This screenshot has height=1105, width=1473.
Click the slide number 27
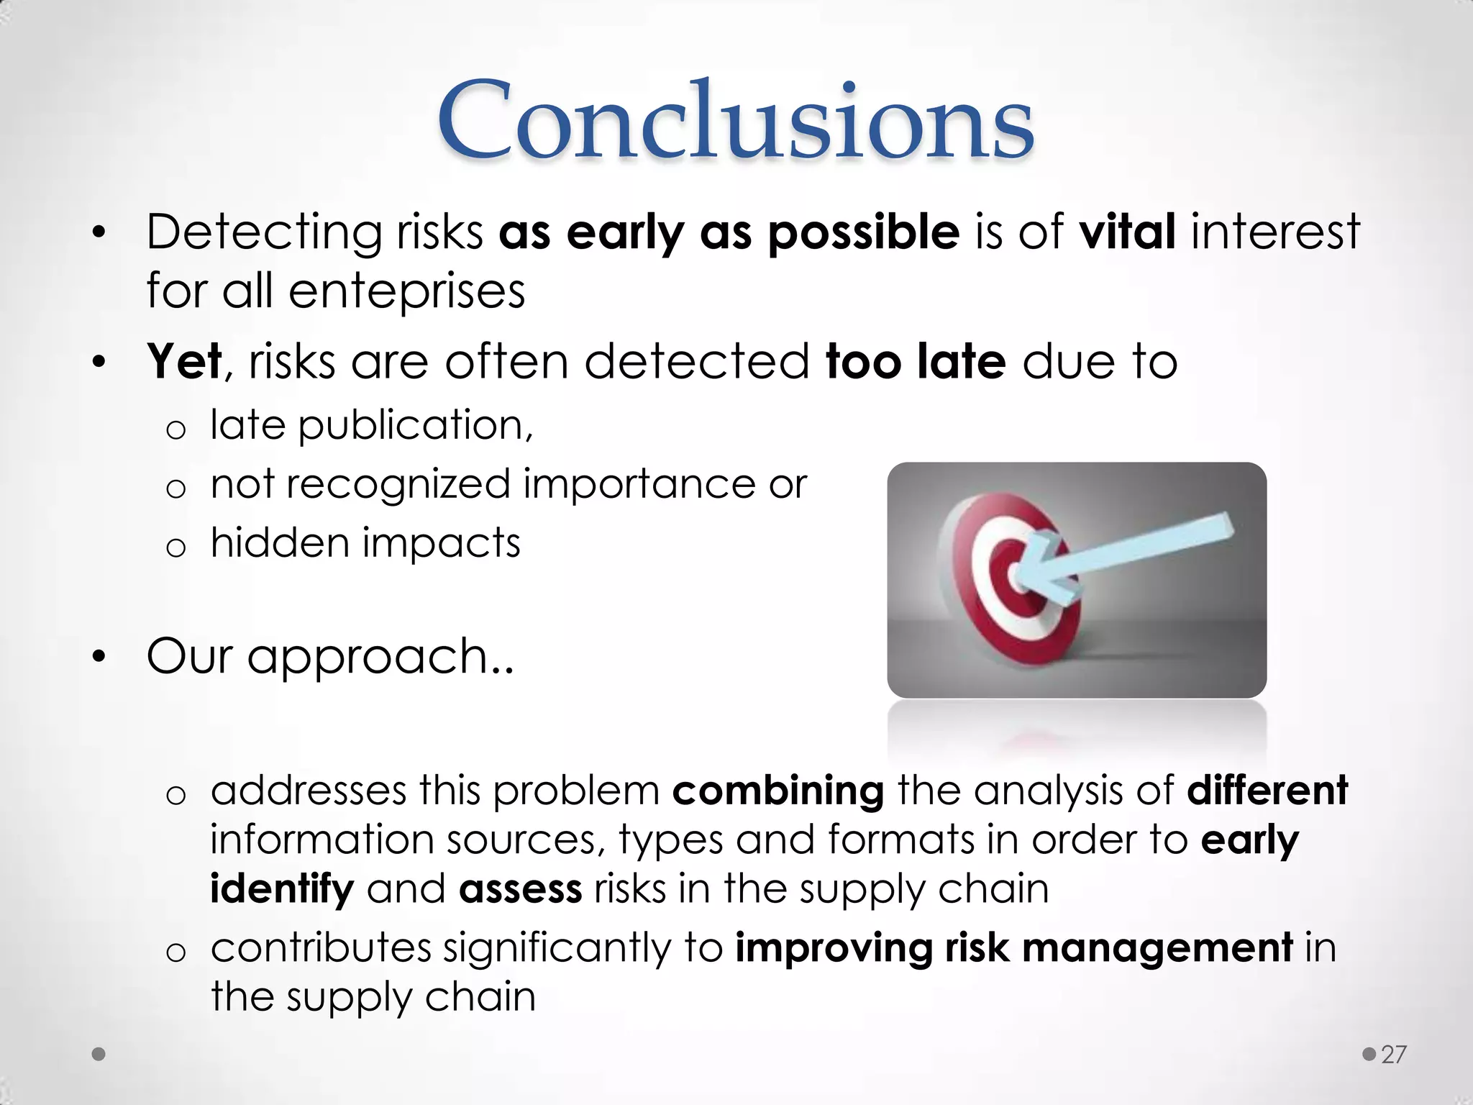click(1393, 1055)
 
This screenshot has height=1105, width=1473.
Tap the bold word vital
click(1127, 232)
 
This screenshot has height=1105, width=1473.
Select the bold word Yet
click(184, 361)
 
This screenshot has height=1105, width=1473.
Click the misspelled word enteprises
click(406, 291)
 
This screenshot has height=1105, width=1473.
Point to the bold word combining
click(777, 791)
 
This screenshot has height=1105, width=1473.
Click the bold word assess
click(520, 889)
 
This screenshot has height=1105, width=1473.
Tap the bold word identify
click(282, 889)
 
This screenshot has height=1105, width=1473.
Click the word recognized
click(398, 483)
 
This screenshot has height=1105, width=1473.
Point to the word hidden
click(279, 542)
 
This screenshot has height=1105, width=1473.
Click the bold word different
click(1267, 791)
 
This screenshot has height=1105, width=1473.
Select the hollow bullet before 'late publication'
click(175, 429)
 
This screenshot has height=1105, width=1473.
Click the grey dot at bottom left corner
click(99, 1055)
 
